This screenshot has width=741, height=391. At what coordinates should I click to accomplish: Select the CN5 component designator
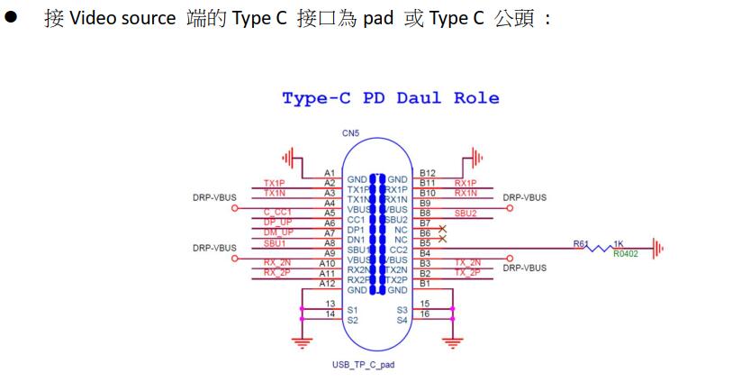coord(351,133)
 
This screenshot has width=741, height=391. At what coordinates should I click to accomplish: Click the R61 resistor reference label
coord(581,243)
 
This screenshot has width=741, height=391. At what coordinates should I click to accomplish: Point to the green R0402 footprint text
coord(627,254)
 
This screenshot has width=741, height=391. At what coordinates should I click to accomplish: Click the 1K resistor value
coord(619,243)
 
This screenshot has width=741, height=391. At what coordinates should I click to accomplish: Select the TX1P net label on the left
coord(274,183)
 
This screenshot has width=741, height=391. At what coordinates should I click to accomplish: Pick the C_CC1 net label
coord(279,213)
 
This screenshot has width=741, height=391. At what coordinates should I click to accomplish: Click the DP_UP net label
coord(278,223)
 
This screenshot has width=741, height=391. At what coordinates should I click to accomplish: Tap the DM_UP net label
coord(278,232)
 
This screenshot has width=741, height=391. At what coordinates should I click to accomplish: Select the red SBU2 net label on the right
coord(465,213)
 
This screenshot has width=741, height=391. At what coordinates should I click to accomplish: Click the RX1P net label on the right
coord(465,183)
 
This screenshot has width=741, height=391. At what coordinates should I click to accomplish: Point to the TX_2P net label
coord(466,272)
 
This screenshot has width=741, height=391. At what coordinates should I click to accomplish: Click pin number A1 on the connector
coord(329,173)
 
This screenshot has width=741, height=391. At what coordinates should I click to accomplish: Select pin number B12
coord(427,173)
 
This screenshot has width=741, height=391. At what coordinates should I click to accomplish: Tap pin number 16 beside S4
coord(426,314)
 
